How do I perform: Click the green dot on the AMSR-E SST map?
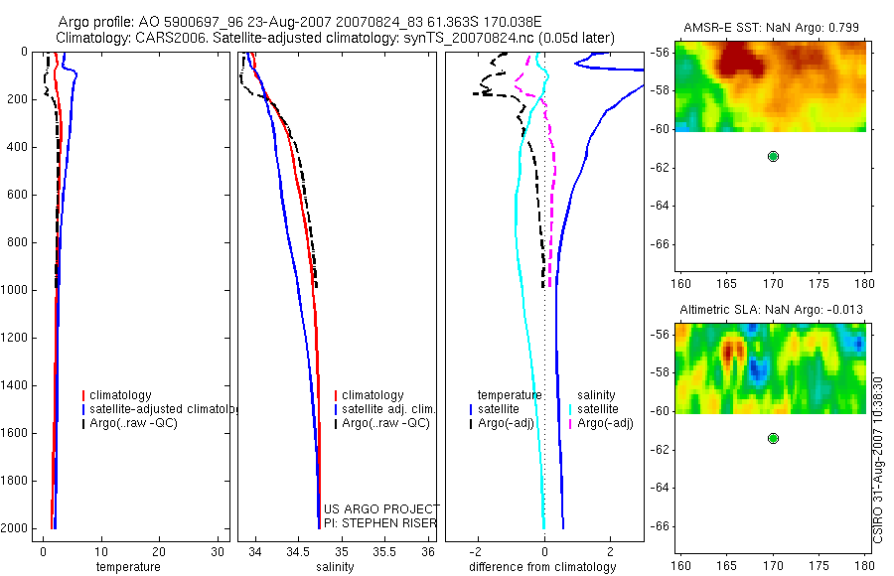coord(773,156)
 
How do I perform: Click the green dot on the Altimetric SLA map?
coord(773,438)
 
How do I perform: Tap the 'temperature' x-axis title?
coord(127,567)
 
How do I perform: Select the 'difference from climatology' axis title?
coord(542,567)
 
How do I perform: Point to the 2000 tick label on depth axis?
coord(18,527)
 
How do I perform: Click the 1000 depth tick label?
coord(18,290)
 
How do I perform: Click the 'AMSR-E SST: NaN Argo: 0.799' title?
coord(770,27)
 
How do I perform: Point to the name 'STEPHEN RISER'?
coord(388,523)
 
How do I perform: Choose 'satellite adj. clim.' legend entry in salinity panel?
coord(388,409)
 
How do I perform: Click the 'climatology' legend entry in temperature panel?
coord(120,395)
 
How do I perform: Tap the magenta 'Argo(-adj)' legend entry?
coord(605,423)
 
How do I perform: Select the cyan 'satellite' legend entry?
coord(597,409)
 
